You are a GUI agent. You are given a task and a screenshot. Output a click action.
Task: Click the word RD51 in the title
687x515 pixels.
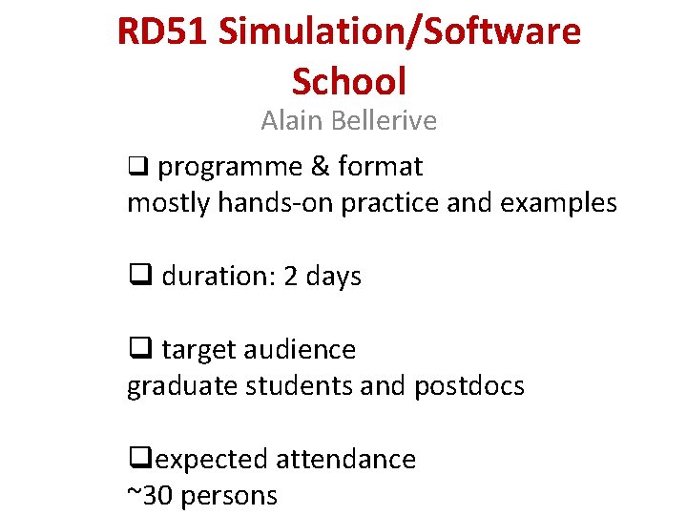point(161,32)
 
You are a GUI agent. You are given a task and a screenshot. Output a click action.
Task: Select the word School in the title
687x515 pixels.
point(349,81)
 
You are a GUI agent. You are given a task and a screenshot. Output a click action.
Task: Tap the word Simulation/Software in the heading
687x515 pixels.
point(400,32)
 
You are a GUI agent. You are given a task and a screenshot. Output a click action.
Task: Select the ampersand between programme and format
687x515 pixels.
point(320,167)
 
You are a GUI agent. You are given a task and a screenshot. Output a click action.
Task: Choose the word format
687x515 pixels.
point(380,167)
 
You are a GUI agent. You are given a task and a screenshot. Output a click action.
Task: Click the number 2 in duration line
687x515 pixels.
point(291,277)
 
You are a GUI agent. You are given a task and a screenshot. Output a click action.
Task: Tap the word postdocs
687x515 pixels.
point(469,386)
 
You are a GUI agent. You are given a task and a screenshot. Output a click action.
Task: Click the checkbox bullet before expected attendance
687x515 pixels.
point(136,460)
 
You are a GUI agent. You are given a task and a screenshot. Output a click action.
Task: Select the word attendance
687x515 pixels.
point(345,460)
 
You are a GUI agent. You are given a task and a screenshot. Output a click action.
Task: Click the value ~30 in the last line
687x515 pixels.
point(149,496)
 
